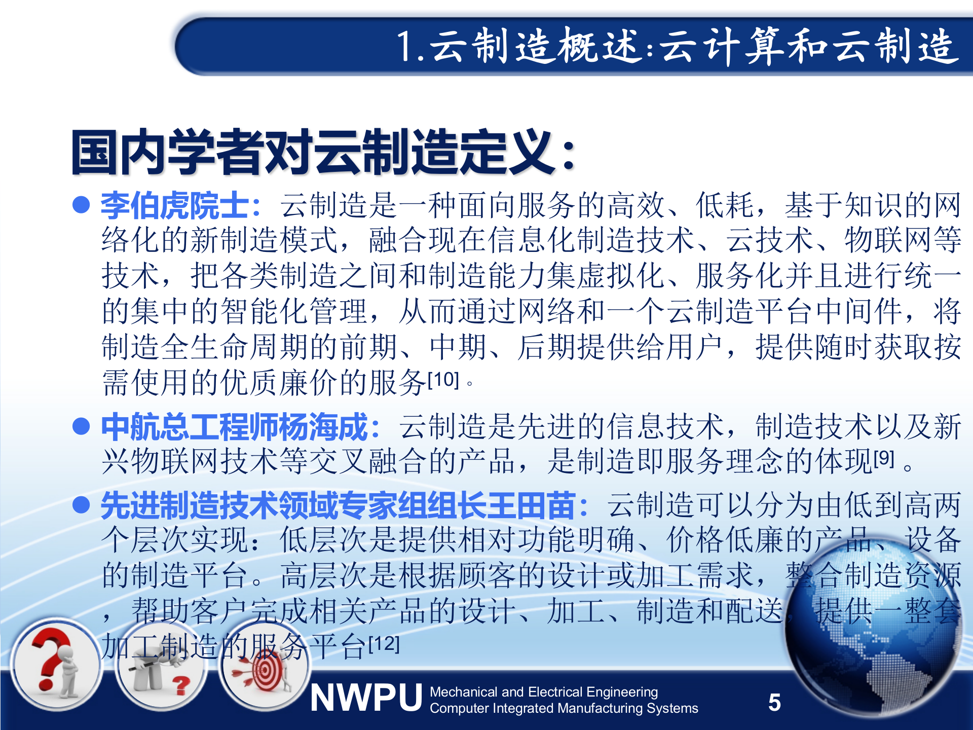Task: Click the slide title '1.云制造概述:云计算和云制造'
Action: pos(677,47)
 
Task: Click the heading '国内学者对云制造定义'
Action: pos(322,152)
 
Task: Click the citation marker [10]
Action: pos(443,379)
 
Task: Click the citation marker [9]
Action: pos(884,459)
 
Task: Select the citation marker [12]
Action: pos(384,644)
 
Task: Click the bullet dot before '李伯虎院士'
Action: pos(81,205)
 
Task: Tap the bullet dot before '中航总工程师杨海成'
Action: pos(81,426)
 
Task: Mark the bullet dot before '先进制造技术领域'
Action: pos(81,505)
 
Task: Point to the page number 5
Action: pos(774,703)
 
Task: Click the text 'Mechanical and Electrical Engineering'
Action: pos(543,692)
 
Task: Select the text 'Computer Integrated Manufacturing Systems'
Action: pos(564,708)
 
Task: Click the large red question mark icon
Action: pos(51,659)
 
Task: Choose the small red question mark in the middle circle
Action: pos(180,685)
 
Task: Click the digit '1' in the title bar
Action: pos(405,47)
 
